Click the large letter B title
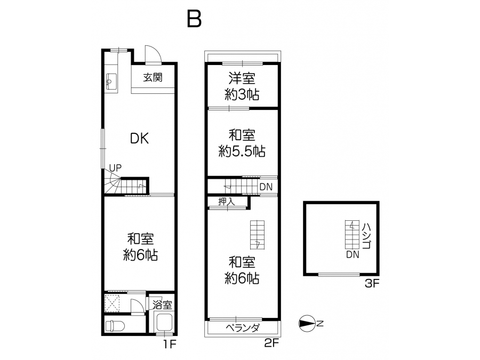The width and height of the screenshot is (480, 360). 194,19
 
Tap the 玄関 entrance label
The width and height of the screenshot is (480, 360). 153,78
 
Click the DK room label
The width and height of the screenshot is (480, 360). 139,139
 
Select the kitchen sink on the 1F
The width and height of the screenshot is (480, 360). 111,81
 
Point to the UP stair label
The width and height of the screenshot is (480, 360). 115,168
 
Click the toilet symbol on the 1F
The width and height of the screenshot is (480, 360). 115,326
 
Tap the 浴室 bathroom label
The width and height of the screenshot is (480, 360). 163,305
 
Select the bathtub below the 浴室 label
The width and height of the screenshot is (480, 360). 164,322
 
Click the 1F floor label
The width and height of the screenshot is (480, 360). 170,345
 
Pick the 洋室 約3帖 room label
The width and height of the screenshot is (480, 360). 242,86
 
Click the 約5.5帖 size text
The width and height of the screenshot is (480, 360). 242,151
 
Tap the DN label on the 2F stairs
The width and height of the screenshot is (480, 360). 266,187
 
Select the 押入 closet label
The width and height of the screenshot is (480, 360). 227,202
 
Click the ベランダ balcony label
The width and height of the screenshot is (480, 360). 243,328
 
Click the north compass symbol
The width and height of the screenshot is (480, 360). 307,324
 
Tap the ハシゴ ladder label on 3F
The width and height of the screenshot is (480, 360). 367,236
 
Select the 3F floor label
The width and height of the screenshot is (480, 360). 372,284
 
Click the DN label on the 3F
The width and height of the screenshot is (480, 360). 353,254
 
